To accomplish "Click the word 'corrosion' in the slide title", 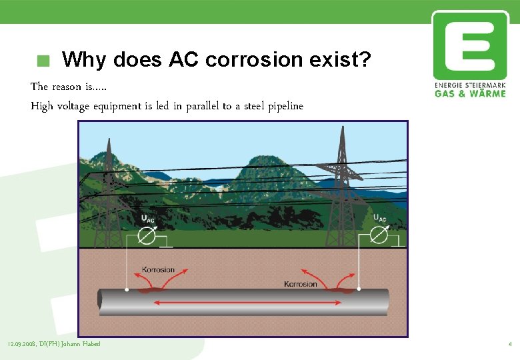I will coord(254,60).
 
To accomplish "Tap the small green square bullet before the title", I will coord(43,61).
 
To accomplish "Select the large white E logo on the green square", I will coord(470,45).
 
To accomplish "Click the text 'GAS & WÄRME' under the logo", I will coord(470,93).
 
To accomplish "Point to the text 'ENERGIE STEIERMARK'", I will coord(470,85).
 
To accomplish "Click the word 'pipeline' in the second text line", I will coord(285,106).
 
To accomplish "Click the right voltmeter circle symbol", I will coord(378,235).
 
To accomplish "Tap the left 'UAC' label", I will coord(148,219).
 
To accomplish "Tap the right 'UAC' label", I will coord(379,218).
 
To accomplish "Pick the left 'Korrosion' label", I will coord(158,270).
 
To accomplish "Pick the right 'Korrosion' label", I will coord(301,284).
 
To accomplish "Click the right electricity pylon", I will coord(342,187).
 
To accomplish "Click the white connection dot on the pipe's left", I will coord(126,290).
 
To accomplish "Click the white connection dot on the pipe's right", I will coord(359,289).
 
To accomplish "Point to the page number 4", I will coord(509,345).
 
